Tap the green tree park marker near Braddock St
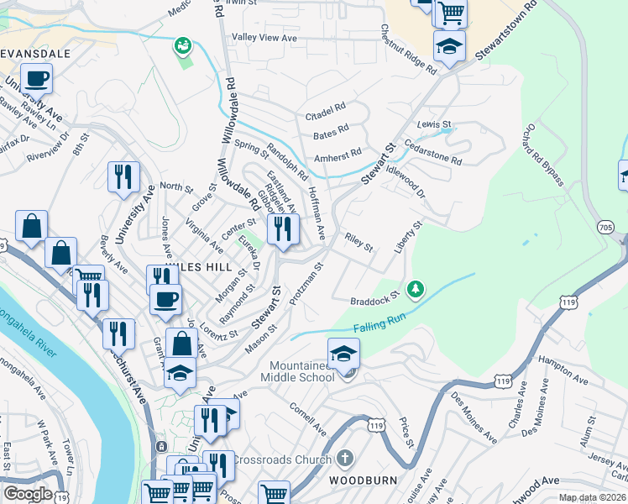414,290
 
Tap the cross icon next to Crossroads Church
343,459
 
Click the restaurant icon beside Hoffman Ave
283,228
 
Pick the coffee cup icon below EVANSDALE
35,81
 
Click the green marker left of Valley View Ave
183,45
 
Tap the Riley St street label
358,243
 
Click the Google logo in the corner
28,494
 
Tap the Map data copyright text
592,497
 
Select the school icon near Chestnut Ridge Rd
449,47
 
